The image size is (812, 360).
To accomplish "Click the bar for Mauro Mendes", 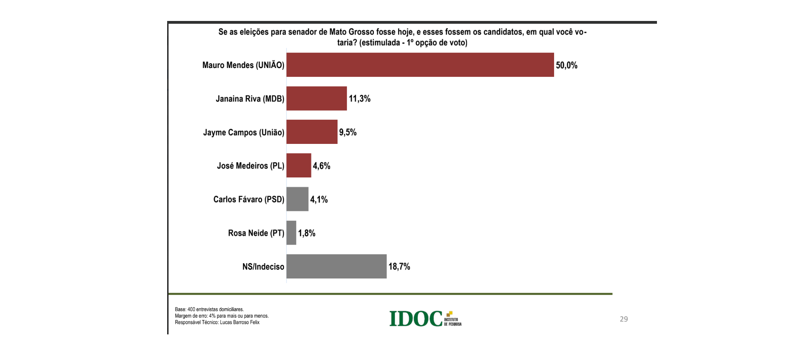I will [x=420, y=65].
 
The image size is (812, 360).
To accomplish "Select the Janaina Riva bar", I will [x=317, y=98].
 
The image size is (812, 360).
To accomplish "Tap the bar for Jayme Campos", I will [x=312, y=132].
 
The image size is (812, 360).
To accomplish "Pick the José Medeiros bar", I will [x=298, y=165].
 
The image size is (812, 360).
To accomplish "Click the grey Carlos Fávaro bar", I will [x=297, y=199].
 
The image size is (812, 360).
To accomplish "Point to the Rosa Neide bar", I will [x=291, y=232].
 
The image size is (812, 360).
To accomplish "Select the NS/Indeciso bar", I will [x=336, y=266].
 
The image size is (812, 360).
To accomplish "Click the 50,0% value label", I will [x=567, y=65].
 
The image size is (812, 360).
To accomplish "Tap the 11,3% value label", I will [x=360, y=99].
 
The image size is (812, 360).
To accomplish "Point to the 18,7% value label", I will [x=399, y=266].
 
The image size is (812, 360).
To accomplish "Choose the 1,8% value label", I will [x=307, y=233].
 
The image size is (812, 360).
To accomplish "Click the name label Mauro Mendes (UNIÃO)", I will [x=243, y=65].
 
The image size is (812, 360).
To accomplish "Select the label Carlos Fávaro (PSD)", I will [x=249, y=199].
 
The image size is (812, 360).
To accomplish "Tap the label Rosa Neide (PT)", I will [x=256, y=233].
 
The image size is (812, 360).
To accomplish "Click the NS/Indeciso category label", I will [x=263, y=266].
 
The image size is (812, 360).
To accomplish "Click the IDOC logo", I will [x=425, y=319].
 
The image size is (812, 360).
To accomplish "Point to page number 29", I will [x=624, y=319].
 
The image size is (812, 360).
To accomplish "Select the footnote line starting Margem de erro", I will [x=222, y=316].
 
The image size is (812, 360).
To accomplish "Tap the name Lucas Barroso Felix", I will [x=240, y=322].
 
